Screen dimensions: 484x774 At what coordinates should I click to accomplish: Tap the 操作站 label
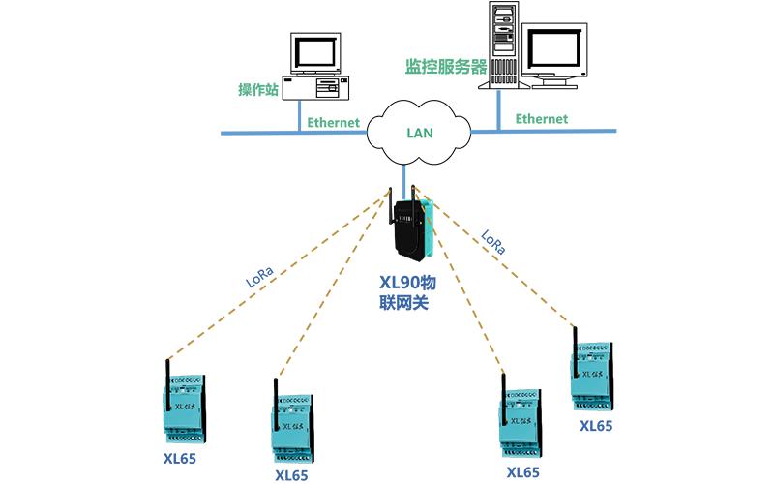tap(259, 90)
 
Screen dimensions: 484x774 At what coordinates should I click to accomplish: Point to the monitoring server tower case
tap(504, 45)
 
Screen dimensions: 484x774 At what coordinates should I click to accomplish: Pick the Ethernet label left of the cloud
tap(334, 123)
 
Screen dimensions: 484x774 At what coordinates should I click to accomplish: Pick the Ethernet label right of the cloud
tap(541, 118)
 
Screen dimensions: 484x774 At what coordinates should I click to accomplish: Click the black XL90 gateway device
tap(412, 228)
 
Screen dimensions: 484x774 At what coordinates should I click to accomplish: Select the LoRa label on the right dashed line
tap(491, 242)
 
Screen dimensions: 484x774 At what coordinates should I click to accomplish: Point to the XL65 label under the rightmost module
tap(596, 425)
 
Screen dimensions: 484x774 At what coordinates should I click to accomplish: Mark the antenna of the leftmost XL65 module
tap(166, 378)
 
